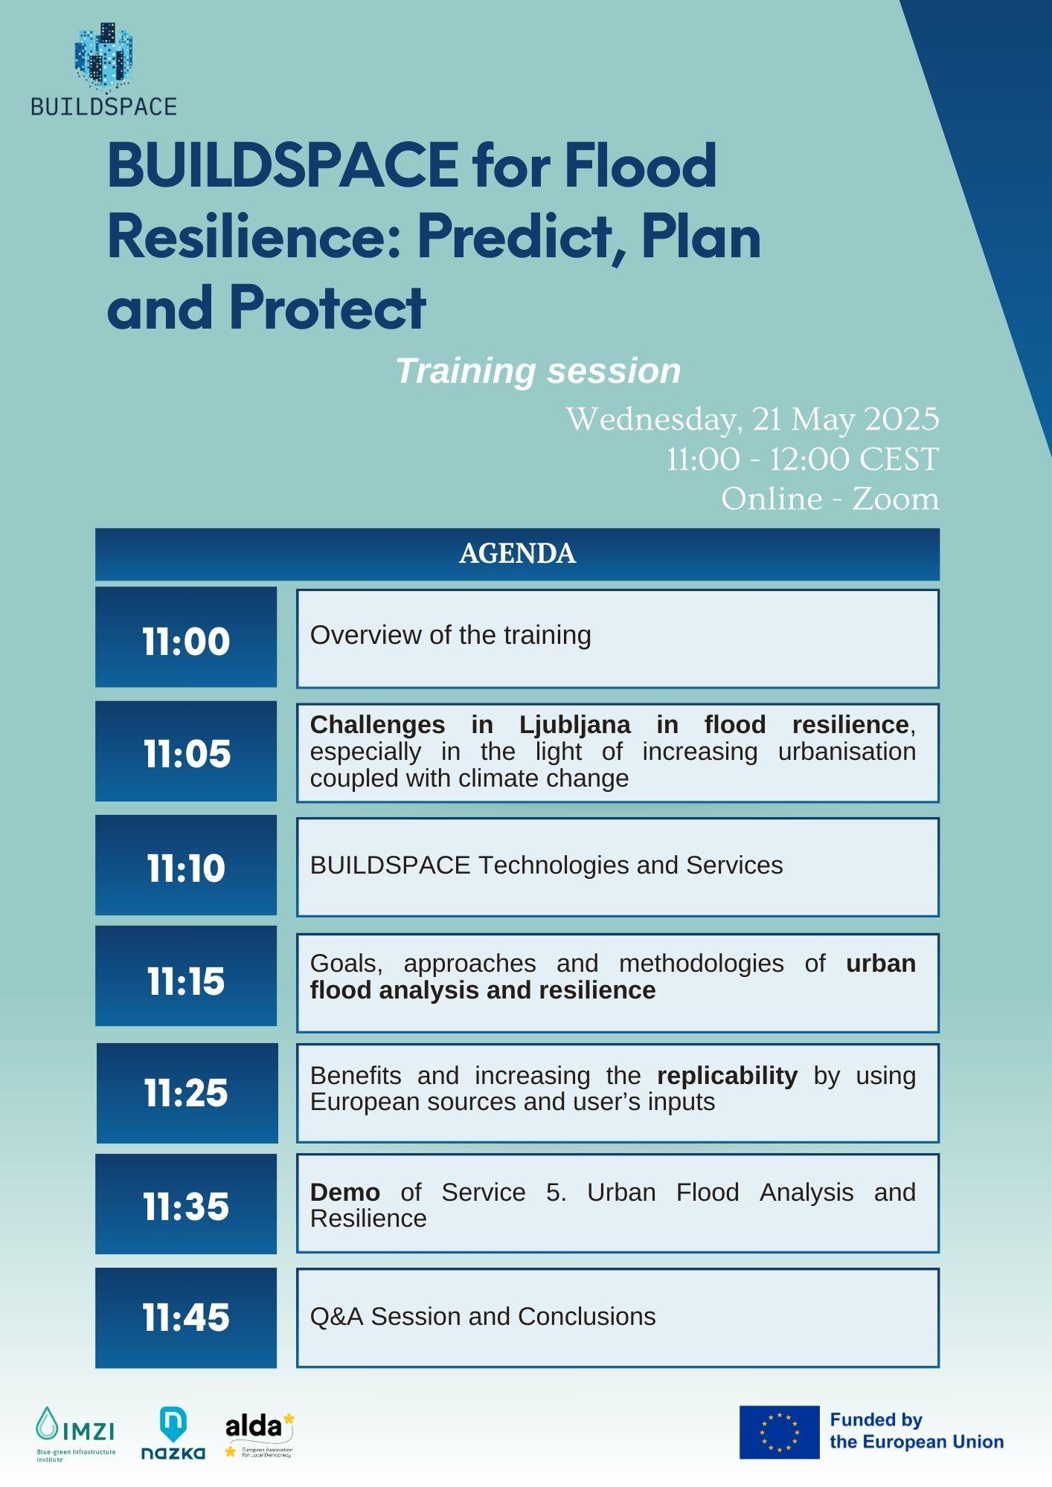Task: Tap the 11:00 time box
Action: tap(186, 637)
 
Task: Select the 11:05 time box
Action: tap(186, 751)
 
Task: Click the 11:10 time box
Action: tap(186, 865)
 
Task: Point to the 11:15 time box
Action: tap(186, 976)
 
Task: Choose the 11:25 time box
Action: tap(187, 1093)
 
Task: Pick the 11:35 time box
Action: tap(186, 1204)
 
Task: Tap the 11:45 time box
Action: tap(186, 1317)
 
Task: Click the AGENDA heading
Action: tap(518, 553)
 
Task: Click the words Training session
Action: tap(538, 370)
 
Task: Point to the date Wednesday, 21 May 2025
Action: tap(752, 419)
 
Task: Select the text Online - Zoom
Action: tap(830, 499)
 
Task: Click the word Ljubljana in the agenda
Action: tap(574, 724)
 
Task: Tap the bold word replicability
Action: tap(727, 1076)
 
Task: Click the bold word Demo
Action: tap(345, 1192)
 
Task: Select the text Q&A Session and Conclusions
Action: tap(483, 1316)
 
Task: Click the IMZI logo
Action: tap(76, 1434)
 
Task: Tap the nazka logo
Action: tap(173, 1433)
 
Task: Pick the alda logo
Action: tap(260, 1435)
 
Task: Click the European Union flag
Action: tap(779, 1432)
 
